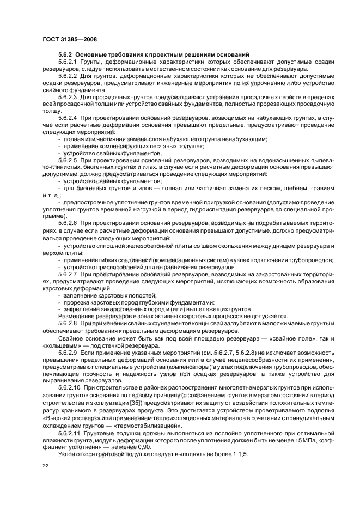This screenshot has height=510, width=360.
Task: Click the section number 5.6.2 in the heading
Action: pos(65,55)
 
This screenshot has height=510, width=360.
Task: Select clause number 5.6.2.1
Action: pos(69,62)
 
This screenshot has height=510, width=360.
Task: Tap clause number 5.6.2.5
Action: pos(69,161)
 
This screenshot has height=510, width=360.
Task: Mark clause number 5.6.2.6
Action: pos(69,223)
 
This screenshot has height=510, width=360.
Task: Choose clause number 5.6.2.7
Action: pos(69,274)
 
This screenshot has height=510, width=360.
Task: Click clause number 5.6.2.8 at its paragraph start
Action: pos(69,324)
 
